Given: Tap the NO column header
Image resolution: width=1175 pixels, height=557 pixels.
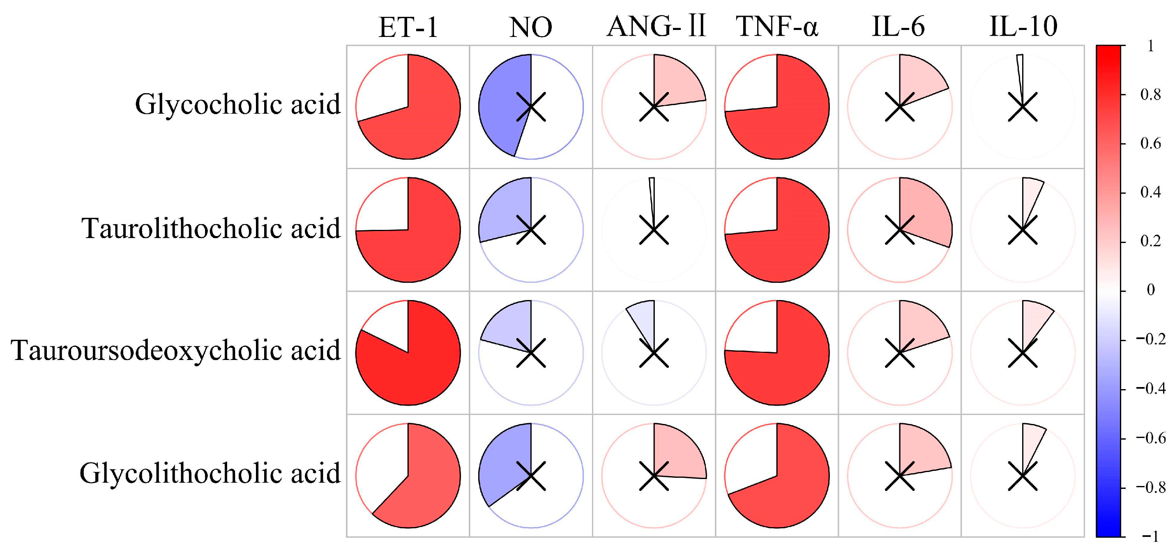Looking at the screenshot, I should (x=530, y=28).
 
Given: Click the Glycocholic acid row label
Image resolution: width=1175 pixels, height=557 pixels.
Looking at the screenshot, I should (x=237, y=104).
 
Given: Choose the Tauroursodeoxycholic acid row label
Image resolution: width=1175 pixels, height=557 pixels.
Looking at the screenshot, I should (x=175, y=351).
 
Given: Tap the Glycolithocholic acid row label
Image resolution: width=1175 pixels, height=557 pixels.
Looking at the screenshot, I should (x=210, y=473).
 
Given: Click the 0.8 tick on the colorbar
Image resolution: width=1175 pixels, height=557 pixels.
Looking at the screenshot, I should (x=1150, y=95).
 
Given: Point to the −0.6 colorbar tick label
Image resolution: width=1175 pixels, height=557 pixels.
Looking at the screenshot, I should (x=1150, y=438).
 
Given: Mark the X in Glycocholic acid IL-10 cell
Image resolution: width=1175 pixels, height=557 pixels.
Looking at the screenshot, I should (x=1023, y=107).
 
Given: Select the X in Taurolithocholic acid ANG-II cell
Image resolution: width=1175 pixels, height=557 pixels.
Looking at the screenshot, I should (x=654, y=230).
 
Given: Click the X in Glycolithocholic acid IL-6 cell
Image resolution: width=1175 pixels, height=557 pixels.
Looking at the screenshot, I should (x=899, y=476).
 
